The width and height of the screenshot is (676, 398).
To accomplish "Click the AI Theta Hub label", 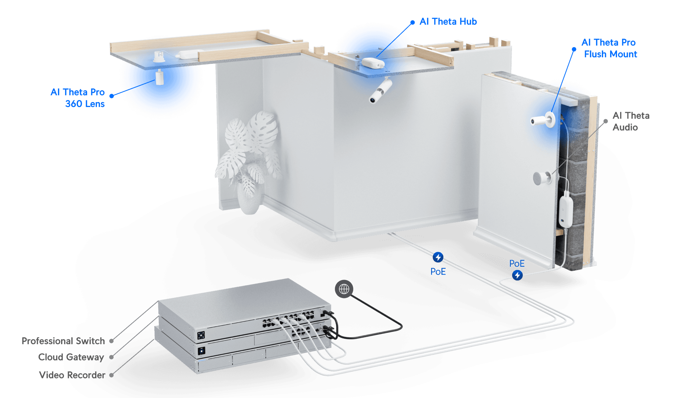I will coord(448,21).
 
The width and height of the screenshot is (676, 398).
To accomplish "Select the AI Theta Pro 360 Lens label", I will coord(78,98).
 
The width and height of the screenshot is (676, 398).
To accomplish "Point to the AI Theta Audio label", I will coord(631,121).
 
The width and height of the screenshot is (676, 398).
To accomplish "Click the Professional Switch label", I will coord(63,341).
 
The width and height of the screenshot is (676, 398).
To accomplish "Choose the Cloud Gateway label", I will coord(71,357).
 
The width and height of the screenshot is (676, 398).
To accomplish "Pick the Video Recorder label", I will coord(72,375).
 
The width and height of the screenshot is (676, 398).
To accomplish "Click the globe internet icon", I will coord(344,289).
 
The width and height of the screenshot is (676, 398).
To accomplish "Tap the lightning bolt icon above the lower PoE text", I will coord(438,257).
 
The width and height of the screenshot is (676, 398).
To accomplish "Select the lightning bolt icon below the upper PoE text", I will coord(517,275).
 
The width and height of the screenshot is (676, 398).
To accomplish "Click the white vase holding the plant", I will coord(249,200).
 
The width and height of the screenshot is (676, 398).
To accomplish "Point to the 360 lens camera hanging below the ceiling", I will coord(160,77).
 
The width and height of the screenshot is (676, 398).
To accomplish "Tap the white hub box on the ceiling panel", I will coord(372,63).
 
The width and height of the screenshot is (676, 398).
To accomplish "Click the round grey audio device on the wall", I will coord(542,178).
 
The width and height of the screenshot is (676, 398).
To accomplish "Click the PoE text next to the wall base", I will coord(517,264).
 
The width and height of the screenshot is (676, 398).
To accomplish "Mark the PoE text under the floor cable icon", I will coord(438,272).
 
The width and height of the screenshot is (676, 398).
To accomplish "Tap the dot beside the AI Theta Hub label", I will coord(412,23).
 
